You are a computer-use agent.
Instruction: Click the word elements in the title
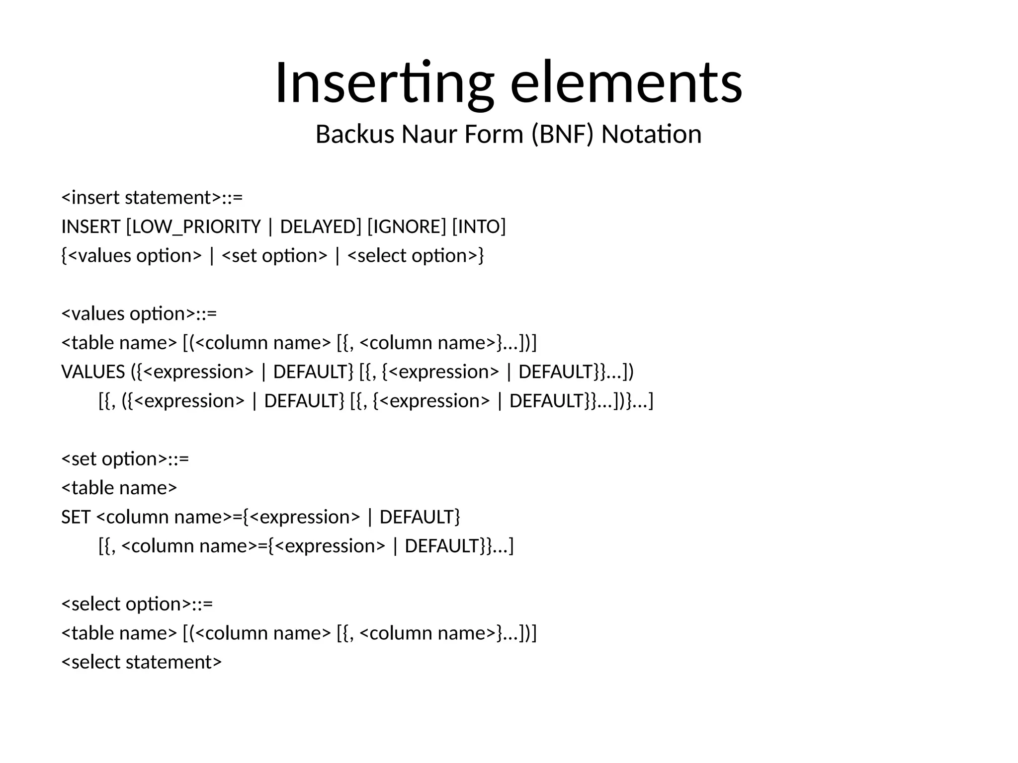pos(626,83)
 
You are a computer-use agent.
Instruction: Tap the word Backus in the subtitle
pos(354,135)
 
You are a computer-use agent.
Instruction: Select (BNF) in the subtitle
pos(562,135)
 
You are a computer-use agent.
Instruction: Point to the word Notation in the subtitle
pos(651,135)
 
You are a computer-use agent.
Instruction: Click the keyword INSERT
pos(91,227)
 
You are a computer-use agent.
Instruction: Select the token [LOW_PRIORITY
pos(193,227)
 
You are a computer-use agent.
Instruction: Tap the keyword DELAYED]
pos(321,227)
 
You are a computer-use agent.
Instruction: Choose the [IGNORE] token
pos(407,227)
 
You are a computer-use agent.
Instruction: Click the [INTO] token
pos(479,227)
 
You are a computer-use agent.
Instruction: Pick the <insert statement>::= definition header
pos(152,198)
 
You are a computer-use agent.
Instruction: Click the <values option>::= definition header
pos(139,314)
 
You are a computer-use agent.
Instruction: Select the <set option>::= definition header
pos(125,459)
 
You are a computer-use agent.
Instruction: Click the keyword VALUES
pos(93,372)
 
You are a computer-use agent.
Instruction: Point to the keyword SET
pos(76,517)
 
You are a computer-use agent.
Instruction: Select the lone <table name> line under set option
pos(119,488)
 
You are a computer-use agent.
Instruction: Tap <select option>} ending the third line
pos(416,256)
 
